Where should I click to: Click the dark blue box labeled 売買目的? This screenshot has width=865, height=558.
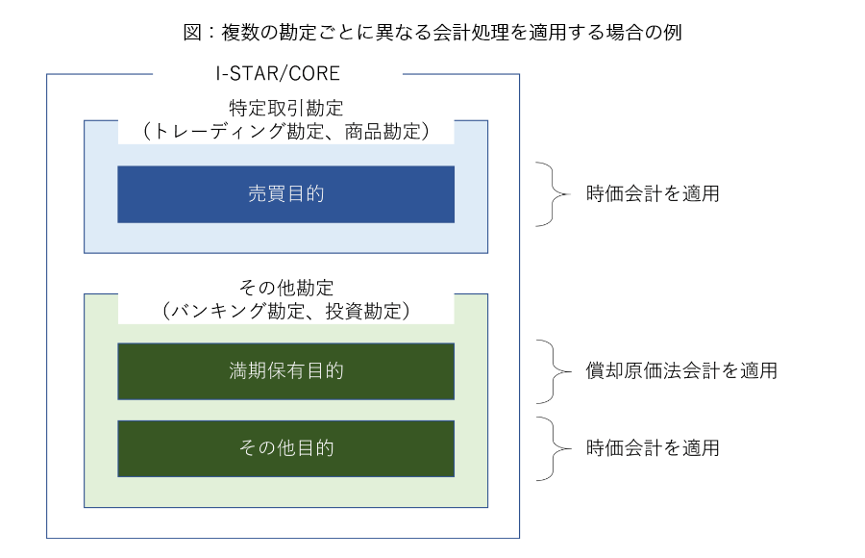click(285, 194)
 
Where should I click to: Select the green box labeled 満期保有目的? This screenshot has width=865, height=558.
click(285, 371)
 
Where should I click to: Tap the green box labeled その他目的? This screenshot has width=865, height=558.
click(285, 448)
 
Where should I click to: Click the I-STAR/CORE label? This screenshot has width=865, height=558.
click(278, 73)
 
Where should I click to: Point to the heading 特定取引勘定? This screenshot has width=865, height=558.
click(285, 108)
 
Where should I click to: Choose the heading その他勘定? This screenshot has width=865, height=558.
click(285, 288)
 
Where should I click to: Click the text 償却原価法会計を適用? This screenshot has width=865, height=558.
click(681, 370)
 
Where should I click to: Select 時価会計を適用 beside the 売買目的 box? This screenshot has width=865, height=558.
click(653, 194)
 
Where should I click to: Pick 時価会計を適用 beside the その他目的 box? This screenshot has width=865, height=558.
click(653, 448)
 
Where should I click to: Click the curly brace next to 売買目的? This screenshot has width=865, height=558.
click(553, 194)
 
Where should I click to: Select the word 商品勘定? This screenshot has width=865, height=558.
click(383, 132)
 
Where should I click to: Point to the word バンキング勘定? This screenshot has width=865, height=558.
click(236, 311)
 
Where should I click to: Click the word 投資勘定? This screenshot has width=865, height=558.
click(363, 311)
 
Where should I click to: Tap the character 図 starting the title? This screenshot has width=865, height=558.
click(192, 32)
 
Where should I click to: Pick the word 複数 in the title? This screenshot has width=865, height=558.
click(240, 32)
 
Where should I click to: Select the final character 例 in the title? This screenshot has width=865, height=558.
click(673, 32)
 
